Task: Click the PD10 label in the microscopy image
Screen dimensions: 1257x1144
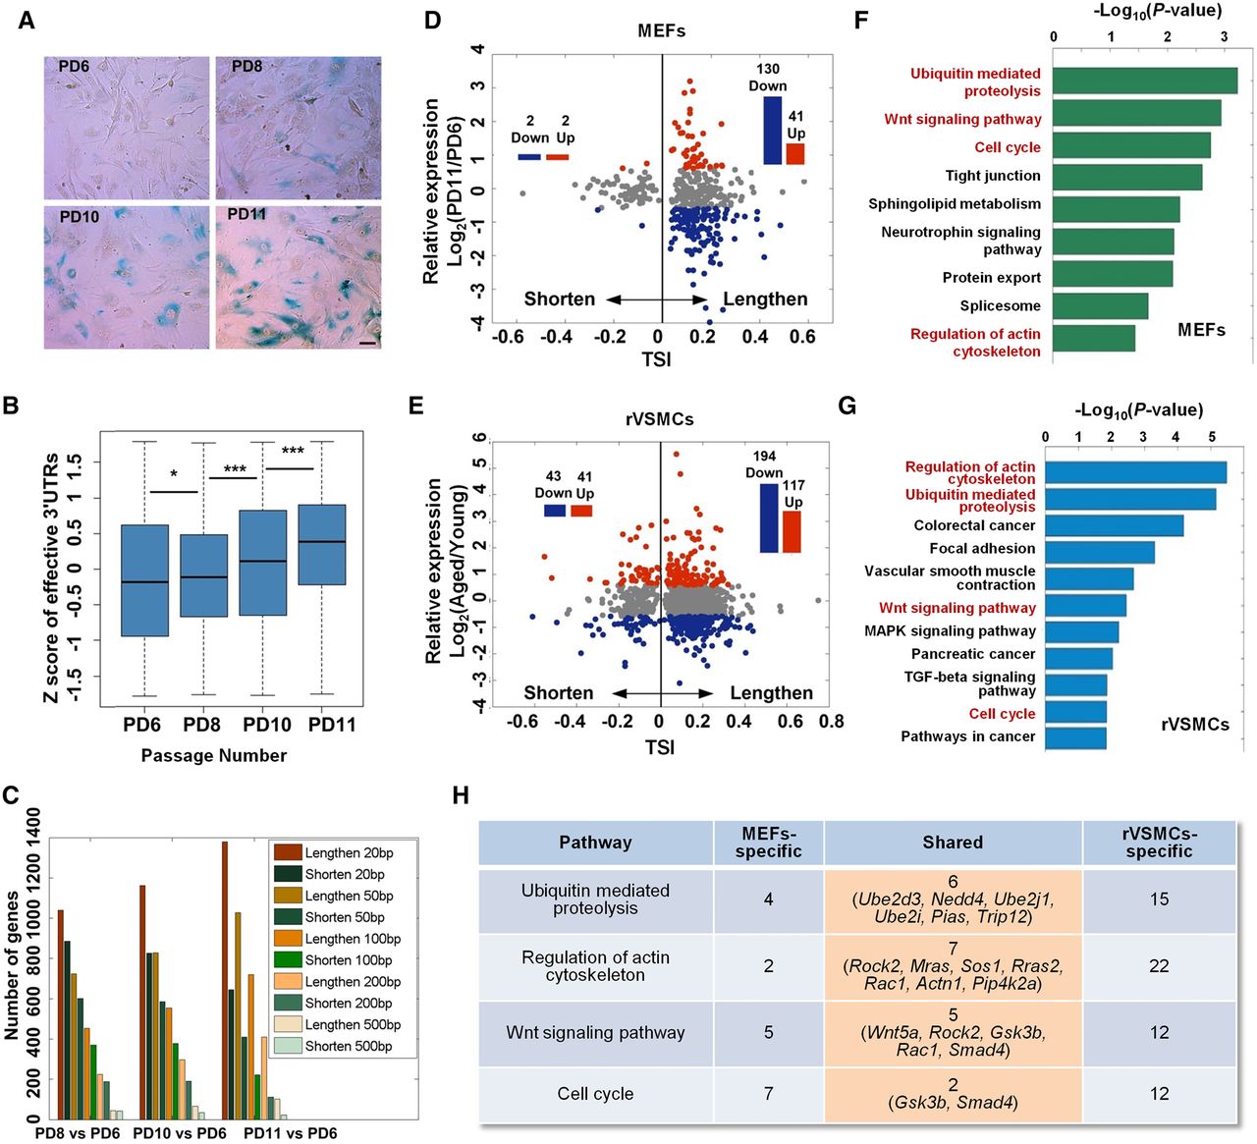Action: pyautogui.click(x=80, y=217)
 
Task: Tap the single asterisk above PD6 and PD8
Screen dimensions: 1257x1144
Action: pyautogui.click(x=174, y=475)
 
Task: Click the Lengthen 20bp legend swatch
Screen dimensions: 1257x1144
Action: pyautogui.click(x=288, y=852)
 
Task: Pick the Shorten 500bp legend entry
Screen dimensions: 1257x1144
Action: pyautogui.click(x=333, y=1046)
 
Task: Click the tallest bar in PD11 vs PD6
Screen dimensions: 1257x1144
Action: pyautogui.click(x=224, y=980)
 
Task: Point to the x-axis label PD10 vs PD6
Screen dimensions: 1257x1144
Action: pyautogui.click(x=180, y=1133)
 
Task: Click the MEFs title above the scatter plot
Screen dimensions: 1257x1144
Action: pyautogui.click(x=661, y=30)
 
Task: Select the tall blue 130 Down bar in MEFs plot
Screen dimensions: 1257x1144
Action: pyautogui.click(x=772, y=131)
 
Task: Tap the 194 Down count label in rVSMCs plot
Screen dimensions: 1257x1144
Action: pyautogui.click(x=764, y=463)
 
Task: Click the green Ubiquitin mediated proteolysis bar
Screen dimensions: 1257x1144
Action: pyautogui.click(x=1145, y=81)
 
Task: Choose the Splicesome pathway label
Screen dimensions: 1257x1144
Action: pyautogui.click(x=1000, y=306)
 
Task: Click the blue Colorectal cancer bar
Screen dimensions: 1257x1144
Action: pyautogui.click(x=1115, y=525)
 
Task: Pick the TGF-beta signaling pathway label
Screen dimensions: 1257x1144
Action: pyautogui.click(x=969, y=683)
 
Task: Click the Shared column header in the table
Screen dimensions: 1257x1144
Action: pyautogui.click(x=953, y=842)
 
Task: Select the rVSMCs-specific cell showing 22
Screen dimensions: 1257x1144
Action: pyautogui.click(x=1159, y=966)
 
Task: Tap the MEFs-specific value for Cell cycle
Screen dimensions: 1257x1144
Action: pyautogui.click(x=768, y=1093)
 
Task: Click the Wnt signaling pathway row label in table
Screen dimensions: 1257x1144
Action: pyautogui.click(x=595, y=1032)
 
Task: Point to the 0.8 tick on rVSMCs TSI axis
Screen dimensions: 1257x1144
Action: pyautogui.click(x=831, y=721)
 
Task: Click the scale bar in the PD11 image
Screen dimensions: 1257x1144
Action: pyautogui.click(x=368, y=343)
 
